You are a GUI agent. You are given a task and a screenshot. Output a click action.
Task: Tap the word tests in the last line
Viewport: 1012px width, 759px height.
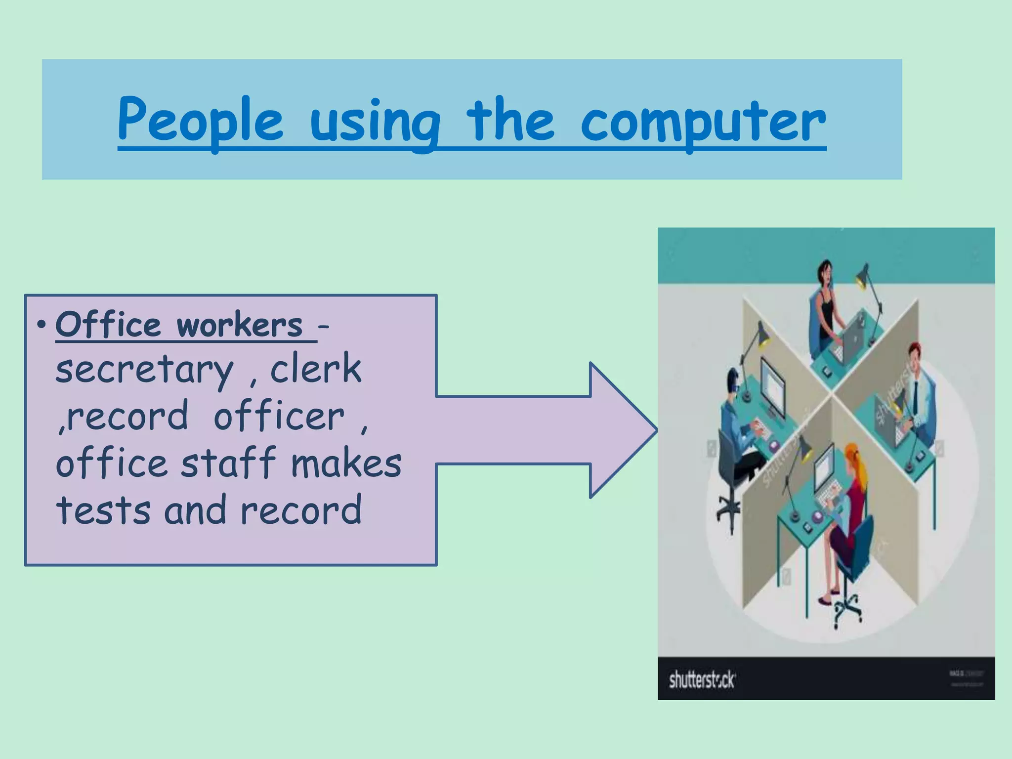pos(103,510)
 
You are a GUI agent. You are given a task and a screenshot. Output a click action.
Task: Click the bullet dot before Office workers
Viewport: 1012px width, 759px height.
pos(42,325)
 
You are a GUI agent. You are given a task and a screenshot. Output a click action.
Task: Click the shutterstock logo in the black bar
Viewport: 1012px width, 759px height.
pos(702,680)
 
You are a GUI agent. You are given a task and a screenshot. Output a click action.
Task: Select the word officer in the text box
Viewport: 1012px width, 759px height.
pos(279,417)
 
